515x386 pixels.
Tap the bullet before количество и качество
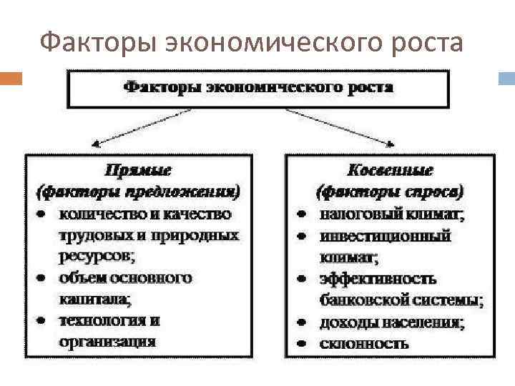pyautogui.click(x=44, y=214)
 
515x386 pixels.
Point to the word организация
pyautogui.click(x=107, y=341)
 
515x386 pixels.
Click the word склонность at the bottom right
pyautogui.click(x=364, y=343)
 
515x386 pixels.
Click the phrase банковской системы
pyautogui.click(x=401, y=300)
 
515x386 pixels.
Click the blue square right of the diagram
pyautogui.click(x=506, y=77)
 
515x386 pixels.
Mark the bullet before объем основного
pyautogui.click(x=44, y=277)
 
